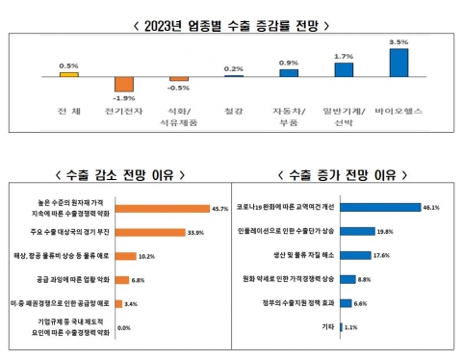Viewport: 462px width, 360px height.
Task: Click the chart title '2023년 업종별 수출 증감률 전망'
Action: [x=232, y=13]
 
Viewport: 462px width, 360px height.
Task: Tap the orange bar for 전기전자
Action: [x=123, y=84]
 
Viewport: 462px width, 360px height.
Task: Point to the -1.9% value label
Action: [x=123, y=97]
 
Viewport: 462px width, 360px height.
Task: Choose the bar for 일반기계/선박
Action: [x=343, y=68]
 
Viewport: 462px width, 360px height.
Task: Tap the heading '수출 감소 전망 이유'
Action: [x=117, y=174]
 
